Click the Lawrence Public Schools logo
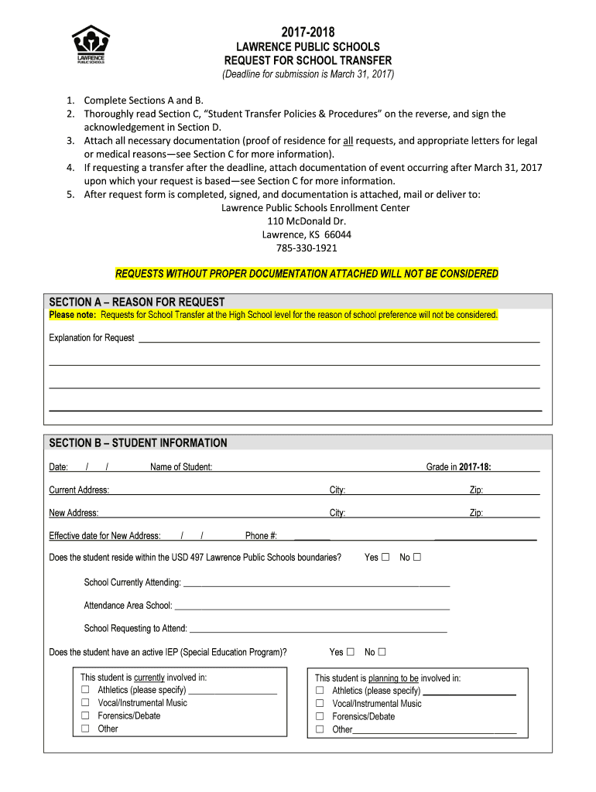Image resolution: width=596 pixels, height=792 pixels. click(x=91, y=45)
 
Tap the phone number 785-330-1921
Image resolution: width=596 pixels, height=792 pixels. click(x=307, y=248)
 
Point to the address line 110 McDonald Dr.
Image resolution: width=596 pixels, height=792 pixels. click(x=307, y=221)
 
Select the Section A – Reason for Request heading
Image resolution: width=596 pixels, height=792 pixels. click(x=137, y=302)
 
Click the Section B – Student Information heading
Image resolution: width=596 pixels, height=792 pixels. click(x=138, y=443)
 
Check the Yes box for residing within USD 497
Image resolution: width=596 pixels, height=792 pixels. click(x=385, y=557)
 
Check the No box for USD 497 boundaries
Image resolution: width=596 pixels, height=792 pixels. click(x=417, y=557)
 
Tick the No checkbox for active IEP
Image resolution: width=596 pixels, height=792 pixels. click(x=382, y=652)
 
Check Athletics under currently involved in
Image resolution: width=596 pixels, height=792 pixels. click(x=85, y=690)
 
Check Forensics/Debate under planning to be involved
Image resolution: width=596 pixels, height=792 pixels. click(x=320, y=716)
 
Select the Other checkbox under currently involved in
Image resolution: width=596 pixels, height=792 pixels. click(x=85, y=729)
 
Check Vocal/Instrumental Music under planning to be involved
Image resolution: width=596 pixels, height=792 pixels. click(x=320, y=704)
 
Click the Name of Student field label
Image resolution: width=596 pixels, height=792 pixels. click(x=181, y=467)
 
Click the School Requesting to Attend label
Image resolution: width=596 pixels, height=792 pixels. click(x=135, y=628)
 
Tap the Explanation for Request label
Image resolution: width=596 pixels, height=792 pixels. click(x=91, y=338)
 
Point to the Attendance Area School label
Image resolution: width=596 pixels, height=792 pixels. click(x=128, y=606)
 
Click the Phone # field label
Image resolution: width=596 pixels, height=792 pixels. click(x=261, y=536)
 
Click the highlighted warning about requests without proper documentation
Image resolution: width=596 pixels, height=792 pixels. click(x=307, y=274)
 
